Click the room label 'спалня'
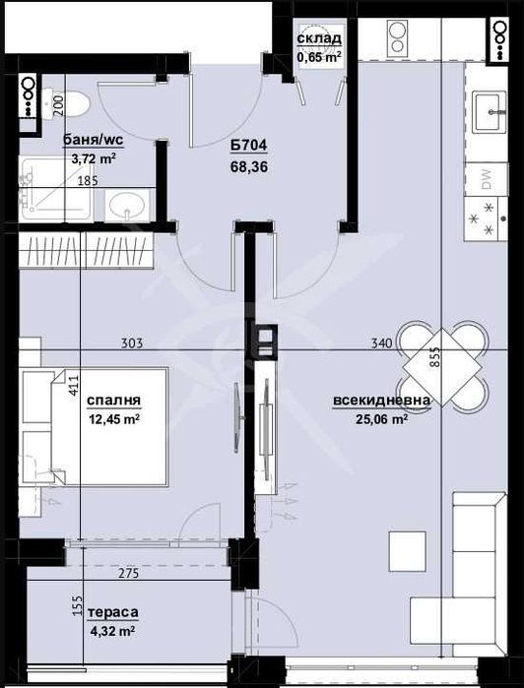pos(113,401)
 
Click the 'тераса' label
pos(108,612)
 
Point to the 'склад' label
pos(320,38)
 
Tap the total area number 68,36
pos(248,167)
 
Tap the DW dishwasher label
pos(487,178)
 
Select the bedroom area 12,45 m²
pos(113,419)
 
